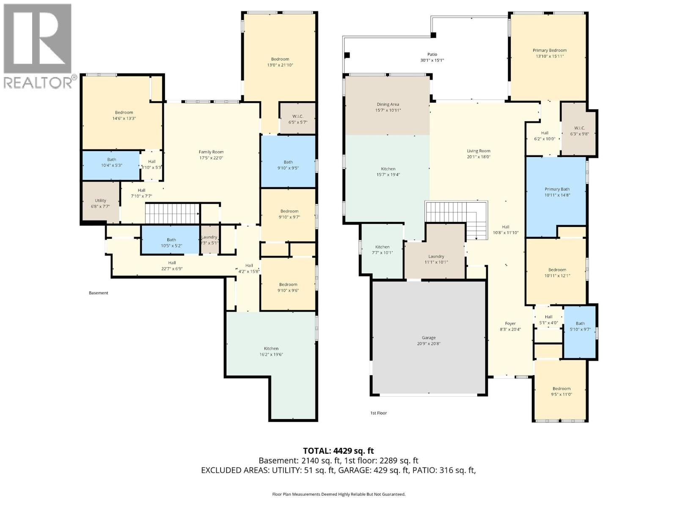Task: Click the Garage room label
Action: [428, 337]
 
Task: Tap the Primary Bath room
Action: [556, 195]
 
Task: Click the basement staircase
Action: [172, 213]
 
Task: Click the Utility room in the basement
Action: [100, 203]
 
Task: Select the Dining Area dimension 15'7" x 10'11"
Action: [388, 110]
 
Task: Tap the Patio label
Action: [432, 54]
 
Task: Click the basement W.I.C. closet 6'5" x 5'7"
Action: [297, 119]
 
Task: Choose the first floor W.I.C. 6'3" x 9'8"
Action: [579, 131]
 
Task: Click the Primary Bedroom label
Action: [549, 50]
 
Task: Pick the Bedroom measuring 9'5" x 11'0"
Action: [561, 391]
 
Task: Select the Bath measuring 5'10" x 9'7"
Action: [580, 326]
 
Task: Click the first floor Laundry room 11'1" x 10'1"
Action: [436, 259]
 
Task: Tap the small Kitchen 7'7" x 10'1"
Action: [382, 250]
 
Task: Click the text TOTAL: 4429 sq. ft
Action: [338, 451]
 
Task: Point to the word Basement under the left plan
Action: [98, 293]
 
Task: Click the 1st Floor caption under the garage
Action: [378, 413]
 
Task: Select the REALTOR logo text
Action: [38, 82]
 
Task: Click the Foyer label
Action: [510, 323]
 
